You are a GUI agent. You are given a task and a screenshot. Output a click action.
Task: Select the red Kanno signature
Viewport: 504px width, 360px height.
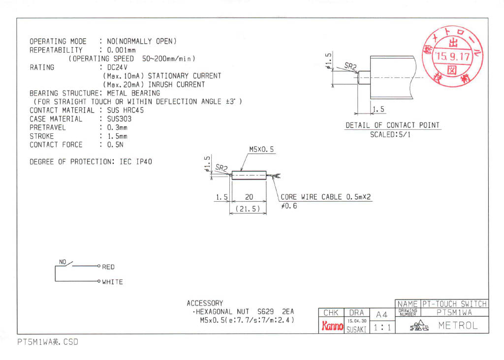pyautogui.click(x=332, y=326)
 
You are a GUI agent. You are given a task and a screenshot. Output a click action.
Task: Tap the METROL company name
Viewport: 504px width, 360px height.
pyautogui.click(x=458, y=325)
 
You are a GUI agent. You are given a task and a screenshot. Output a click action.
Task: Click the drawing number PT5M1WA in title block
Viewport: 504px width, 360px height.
pyautogui.click(x=454, y=312)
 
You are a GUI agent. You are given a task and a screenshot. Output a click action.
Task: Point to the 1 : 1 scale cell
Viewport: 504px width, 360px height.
pyautogui.click(x=382, y=327)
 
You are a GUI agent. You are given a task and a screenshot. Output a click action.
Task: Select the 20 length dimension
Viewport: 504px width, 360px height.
pyautogui.click(x=249, y=197)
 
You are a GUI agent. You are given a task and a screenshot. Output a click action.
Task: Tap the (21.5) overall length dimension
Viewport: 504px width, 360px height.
pyautogui.click(x=249, y=209)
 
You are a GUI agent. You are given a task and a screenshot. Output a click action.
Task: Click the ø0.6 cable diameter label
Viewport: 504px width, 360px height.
pyautogui.click(x=289, y=206)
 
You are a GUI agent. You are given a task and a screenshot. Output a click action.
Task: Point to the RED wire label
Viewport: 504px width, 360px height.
pyautogui.click(x=108, y=267)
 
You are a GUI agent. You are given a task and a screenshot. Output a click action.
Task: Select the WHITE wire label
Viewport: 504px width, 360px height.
pyautogui.click(x=112, y=282)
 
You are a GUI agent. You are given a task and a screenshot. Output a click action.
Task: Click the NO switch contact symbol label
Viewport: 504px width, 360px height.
pyautogui.click(x=63, y=262)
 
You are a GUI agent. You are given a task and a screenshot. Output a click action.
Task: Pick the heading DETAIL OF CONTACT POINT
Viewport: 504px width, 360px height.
pyautogui.click(x=392, y=125)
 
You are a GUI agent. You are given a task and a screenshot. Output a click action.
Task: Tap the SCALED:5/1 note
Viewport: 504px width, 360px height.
pyautogui.click(x=392, y=135)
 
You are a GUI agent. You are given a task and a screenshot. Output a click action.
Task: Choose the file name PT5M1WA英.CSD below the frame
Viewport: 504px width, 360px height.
pyautogui.click(x=47, y=342)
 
